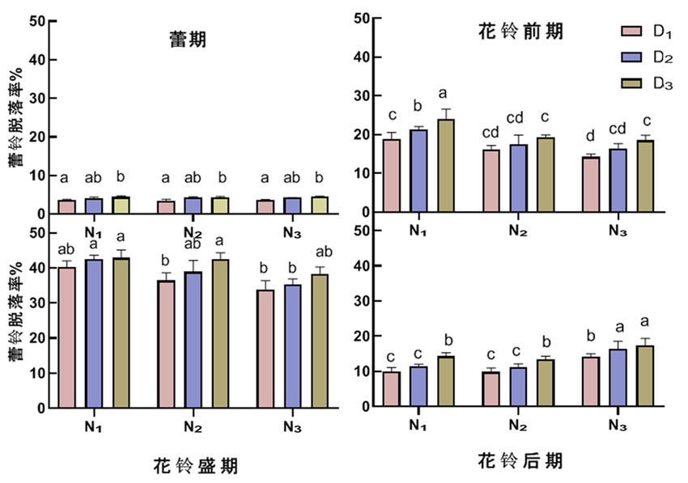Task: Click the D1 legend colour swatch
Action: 631,32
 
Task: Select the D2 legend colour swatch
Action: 631,57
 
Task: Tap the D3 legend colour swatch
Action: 631,83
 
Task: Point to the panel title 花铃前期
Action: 520,32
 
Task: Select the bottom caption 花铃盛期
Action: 195,466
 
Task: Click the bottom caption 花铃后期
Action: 520,461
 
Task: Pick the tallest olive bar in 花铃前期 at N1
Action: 445,166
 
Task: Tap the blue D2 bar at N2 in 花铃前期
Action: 519,178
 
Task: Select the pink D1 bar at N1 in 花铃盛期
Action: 67,337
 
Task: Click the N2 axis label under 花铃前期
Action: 519,231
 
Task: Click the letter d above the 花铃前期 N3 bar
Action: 591,136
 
